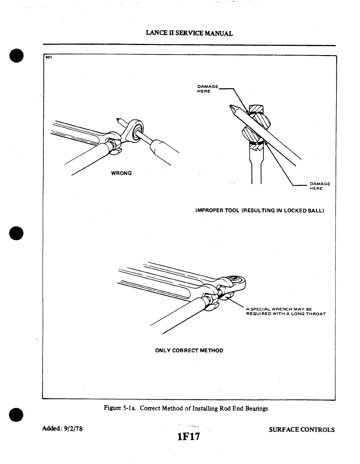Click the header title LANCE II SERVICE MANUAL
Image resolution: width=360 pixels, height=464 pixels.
pyautogui.click(x=189, y=33)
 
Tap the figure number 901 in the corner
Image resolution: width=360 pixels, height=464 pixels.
pyautogui.click(x=48, y=57)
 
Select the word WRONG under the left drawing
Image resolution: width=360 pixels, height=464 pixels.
pyautogui.click(x=121, y=173)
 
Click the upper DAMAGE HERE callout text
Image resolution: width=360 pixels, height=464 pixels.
pyautogui.click(x=207, y=89)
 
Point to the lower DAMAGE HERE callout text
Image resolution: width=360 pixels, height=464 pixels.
pyautogui.click(x=319, y=186)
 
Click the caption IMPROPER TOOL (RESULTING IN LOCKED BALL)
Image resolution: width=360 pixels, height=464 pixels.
pyautogui.click(x=260, y=211)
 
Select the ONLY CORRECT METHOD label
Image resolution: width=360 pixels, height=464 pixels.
pyautogui.click(x=189, y=351)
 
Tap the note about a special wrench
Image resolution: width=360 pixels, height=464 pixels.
pyautogui.click(x=286, y=311)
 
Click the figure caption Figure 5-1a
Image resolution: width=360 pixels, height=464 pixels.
pyautogui.click(x=186, y=408)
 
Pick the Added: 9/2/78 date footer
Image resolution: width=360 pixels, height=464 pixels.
pyautogui.click(x=63, y=429)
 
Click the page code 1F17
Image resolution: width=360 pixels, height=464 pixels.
pyautogui.click(x=189, y=436)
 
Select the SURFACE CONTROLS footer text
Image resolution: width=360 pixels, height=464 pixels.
pyautogui.click(x=302, y=430)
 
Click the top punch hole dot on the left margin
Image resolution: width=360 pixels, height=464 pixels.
pyautogui.click(x=16, y=56)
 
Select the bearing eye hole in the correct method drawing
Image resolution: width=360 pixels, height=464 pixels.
pyautogui.click(x=234, y=278)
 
